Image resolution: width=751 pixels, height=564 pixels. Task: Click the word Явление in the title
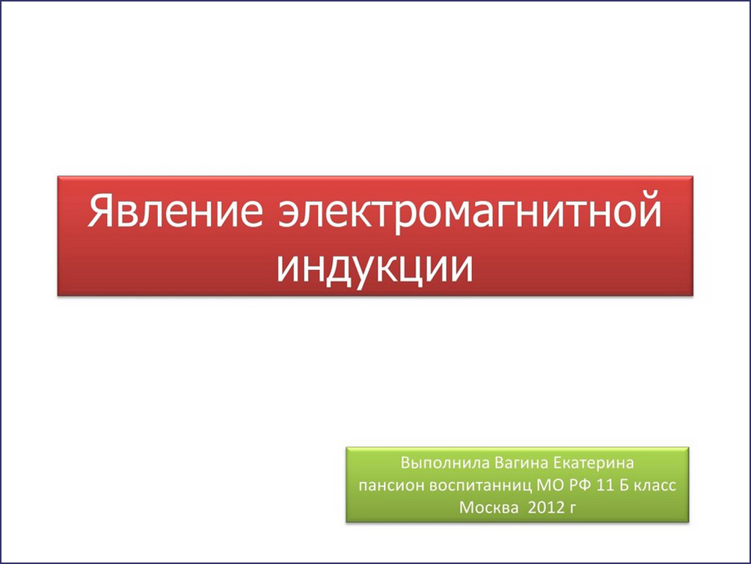[175, 210]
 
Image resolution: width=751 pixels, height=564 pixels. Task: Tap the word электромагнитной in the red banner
[470, 212]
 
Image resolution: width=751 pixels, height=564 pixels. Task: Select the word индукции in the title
[375, 267]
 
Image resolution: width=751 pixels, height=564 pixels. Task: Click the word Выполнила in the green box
[445, 463]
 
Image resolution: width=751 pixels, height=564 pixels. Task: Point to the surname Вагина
[521, 463]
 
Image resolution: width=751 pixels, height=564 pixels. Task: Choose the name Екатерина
[593, 463]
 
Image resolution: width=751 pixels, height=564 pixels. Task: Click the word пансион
[391, 485]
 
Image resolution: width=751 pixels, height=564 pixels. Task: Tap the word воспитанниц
[480, 485]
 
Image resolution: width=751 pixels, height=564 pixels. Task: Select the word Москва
[488, 507]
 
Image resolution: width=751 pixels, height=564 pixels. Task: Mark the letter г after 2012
[573, 509]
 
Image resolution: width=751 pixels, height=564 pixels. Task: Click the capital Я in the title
[99, 210]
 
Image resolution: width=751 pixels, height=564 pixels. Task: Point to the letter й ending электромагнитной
[651, 209]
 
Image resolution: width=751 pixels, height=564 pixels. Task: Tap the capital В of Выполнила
[405, 463]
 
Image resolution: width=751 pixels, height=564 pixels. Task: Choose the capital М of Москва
[466, 507]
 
